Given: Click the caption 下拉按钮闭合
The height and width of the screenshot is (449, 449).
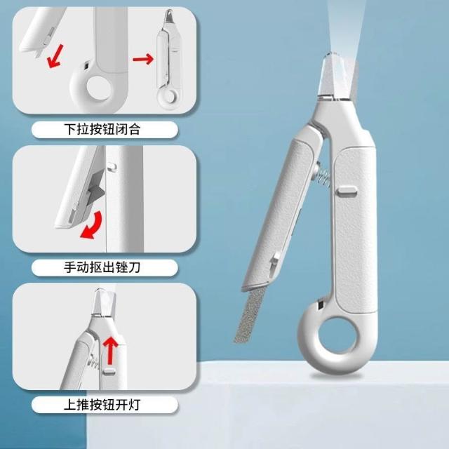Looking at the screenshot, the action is point(102,129).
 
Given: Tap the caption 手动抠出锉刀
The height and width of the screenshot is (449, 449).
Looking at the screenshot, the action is point(102,267).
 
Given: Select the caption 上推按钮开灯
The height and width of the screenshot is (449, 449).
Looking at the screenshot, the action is point(102,405).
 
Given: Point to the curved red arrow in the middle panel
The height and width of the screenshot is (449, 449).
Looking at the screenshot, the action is point(95,226).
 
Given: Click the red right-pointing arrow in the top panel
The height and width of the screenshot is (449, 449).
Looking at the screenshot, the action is point(143,59).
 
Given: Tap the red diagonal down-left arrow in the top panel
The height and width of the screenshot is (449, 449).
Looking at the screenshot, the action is point(55,56).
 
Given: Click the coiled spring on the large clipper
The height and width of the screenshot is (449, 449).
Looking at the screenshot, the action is point(323,175).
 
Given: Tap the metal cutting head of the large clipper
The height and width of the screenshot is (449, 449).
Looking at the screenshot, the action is point(338,77).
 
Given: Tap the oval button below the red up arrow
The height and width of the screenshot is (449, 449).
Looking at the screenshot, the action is point(109,372).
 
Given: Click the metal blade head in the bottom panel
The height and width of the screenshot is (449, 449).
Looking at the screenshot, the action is point(105,302).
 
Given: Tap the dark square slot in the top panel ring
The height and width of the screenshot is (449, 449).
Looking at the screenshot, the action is point(86,65).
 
